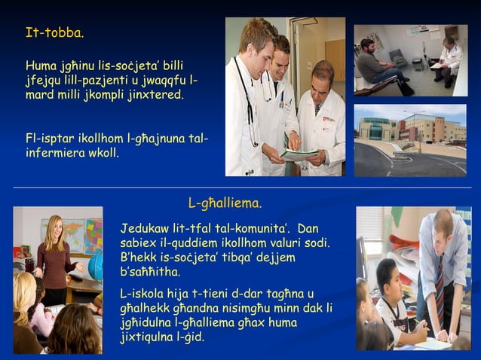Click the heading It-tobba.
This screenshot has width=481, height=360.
(55, 33)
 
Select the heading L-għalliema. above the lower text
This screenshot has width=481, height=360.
(225, 203)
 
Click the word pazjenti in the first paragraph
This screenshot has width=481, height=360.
(113, 81)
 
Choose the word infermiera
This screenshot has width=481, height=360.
(57, 153)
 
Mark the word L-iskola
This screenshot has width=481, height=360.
(146, 293)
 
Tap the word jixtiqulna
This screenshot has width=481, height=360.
(149, 337)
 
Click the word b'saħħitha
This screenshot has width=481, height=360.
(150, 272)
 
